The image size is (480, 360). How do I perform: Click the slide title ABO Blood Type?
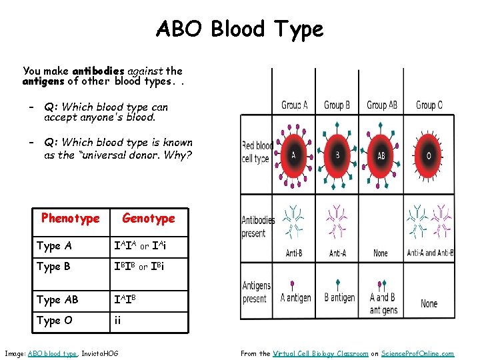(x=239, y=29)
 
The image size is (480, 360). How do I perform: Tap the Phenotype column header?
(x=70, y=218)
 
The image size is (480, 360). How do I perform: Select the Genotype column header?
(x=148, y=218)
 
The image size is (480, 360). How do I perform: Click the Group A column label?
(x=294, y=105)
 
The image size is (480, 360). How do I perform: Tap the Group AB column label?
(x=382, y=105)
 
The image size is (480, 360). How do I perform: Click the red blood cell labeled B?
(x=337, y=155)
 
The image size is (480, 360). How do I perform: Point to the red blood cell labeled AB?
(x=381, y=155)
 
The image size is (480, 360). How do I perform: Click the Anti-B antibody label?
(x=294, y=253)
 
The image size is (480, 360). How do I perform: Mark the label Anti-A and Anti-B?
(x=429, y=253)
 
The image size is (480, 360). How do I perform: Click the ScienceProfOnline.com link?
(x=421, y=353)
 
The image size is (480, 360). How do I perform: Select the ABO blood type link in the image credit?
(x=53, y=353)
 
